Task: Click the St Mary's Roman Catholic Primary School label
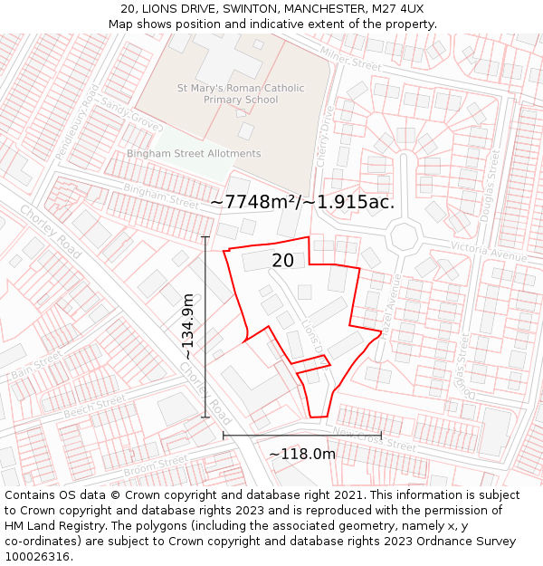pyautogui.click(x=241, y=94)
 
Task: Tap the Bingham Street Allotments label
pyautogui.click(x=194, y=154)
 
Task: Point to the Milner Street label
pyautogui.click(x=351, y=60)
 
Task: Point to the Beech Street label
pyautogui.click(x=94, y=408)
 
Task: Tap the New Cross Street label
pyautogui.click(x=374, y=439)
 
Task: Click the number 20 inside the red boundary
pyautogui.click(x=282, y=261)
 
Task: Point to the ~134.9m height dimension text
pyautogui.click(x=188, y=327)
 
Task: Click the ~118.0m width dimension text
pyautogui.click(x=301, y=454)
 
